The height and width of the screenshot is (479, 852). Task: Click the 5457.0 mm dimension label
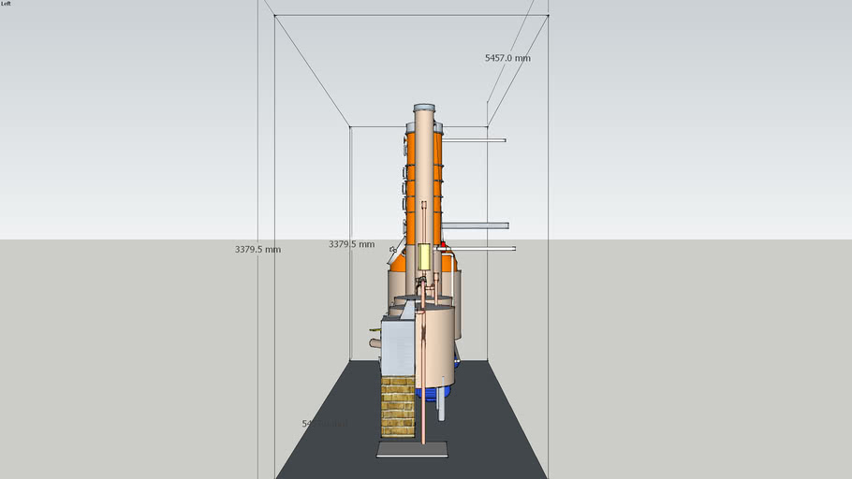(507, 58)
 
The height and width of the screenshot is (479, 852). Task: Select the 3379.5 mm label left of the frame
(257, 250)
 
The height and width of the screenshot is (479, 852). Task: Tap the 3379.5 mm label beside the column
(351, 244)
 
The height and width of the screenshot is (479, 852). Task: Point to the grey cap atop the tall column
(424, 108)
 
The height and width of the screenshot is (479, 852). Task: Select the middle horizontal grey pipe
(477, 225)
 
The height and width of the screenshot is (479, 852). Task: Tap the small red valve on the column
(443, 244)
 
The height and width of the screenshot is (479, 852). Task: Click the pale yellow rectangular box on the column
(424, 256)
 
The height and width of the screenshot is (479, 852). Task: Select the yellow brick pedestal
(398, 406)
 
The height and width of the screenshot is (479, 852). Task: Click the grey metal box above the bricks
(398, 347)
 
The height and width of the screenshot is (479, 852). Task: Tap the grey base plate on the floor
(412, 449)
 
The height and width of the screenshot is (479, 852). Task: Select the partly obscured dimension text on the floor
(323, 424)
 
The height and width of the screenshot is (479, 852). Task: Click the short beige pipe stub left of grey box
(375, 343)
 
